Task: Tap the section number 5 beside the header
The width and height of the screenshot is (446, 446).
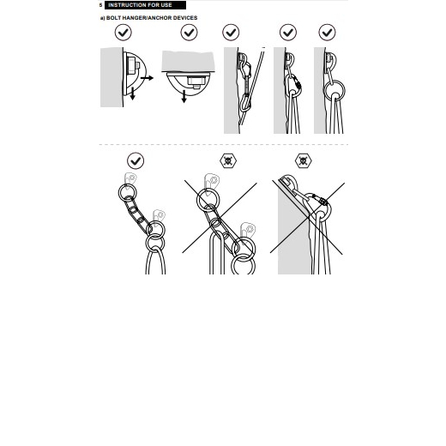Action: click(x=100, y=5)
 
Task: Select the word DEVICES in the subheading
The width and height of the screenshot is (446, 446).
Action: click(x=185, y=18)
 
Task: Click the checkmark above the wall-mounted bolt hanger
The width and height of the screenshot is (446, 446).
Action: click(x=124, y=33)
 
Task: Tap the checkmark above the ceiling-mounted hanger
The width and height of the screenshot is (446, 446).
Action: click(x=189, y=33)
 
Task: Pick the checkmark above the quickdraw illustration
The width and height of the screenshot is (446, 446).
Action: click(x=231, y=33)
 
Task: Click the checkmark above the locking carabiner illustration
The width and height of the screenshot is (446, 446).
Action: click(x=288, y=33)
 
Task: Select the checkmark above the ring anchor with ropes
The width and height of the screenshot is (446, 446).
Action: click(x=327, y=33)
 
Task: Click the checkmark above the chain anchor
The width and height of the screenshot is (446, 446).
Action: click(x=136, y=160)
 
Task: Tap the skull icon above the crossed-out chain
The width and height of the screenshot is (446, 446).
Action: click(x=228, y=160)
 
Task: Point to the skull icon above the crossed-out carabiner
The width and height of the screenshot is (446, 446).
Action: click(x=304, y=160)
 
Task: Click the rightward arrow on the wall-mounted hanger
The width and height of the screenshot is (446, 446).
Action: click(x=147, y=78)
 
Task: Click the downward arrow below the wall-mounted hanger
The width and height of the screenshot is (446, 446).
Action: click(x=132, y=93)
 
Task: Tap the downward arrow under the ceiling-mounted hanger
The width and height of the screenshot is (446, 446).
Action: click(x=184, y=96)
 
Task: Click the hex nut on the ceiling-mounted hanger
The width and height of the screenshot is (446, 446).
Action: click(x=196, y=81)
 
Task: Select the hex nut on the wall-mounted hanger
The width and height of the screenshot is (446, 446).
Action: click(x=132, y=65)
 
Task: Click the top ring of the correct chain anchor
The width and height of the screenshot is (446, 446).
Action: click(x=119, y=193)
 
